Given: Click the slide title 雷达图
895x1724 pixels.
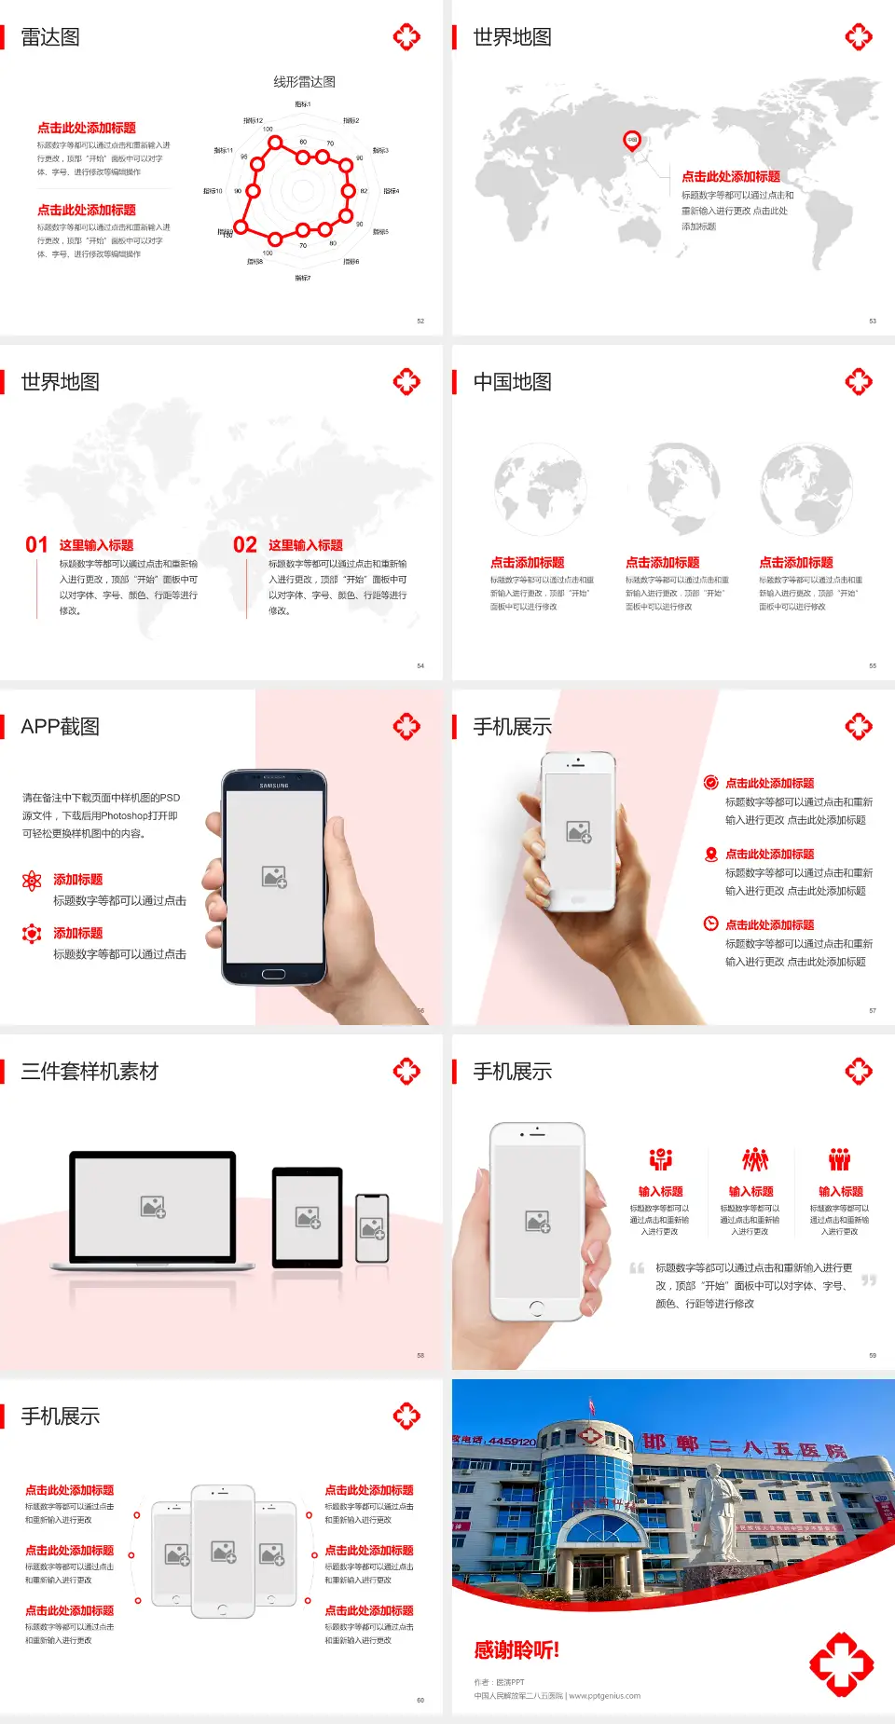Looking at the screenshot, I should [50, 37].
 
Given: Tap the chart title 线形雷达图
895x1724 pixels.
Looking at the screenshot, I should [304, 82].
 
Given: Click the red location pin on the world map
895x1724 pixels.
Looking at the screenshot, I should [632, 141].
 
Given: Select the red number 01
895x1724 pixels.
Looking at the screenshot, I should [36, 544].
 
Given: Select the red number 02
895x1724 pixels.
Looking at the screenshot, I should [245, 544].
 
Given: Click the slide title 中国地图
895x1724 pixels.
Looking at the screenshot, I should [512, 382].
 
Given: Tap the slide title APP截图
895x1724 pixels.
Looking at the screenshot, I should [60, 727].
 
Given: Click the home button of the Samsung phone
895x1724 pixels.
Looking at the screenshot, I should [273, 974].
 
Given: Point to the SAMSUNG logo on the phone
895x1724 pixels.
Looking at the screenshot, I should [274, 786].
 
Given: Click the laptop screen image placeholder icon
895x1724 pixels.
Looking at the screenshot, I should [153, 1207].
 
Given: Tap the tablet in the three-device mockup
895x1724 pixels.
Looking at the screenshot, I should [308, 1216].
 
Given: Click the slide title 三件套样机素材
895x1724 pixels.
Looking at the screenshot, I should [89, 1072].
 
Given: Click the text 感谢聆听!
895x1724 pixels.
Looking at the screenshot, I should [516, 1650].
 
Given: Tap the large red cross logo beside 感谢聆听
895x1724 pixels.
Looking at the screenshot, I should [841, 1663].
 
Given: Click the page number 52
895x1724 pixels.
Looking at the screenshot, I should [420, 321].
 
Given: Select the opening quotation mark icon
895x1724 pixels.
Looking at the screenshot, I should [637, 1267].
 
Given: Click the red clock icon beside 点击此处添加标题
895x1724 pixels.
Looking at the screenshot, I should [710, 924].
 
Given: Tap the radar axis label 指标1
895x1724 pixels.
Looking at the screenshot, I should [303, 104].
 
